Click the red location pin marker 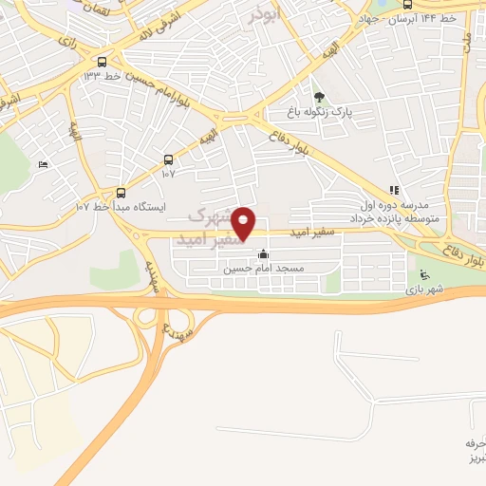(244, 222)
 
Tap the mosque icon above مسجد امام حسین (263, 254)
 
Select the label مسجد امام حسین (263, 269)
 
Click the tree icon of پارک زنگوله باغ (319, 97)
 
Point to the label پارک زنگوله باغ (320, 112)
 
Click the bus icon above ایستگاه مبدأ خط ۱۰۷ (120, 191)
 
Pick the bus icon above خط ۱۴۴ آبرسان (407, 3)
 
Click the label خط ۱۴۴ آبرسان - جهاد (409, 18)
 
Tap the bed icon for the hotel (42, 165)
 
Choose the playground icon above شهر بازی (421, 276)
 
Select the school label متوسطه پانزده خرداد (394, 217)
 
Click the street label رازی (67, 42)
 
